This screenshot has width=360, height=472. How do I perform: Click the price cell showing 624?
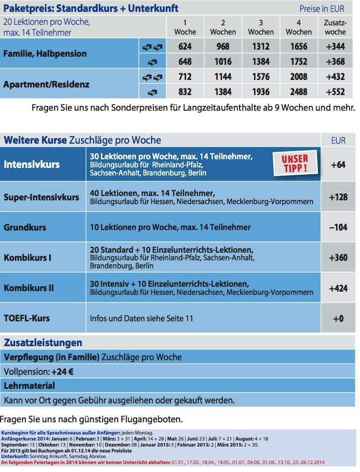pos(185,47)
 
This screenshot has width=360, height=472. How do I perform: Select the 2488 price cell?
pos(298,92)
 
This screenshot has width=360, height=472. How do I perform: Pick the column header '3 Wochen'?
pos(261,28)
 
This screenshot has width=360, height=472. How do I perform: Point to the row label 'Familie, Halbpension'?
pos(45,54)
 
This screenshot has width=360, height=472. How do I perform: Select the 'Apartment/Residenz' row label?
pos(46,85)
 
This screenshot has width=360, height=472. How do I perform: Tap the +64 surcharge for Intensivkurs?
pos(338,165)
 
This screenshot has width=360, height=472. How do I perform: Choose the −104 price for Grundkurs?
pos(338,227)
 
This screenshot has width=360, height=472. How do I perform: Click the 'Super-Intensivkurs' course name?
pos(42,197)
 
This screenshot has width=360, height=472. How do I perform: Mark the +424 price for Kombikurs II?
pos(338,288)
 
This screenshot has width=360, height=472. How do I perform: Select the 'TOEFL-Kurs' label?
pos(27,318)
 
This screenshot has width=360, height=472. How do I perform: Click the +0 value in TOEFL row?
pos(338,319)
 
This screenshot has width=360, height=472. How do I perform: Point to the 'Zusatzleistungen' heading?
pos(43,342)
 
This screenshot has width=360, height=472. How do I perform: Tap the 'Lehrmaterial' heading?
pos(30,386)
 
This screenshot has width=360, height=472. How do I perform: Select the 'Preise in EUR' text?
pos(321,9)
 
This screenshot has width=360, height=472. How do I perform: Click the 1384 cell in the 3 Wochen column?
pos(261,62)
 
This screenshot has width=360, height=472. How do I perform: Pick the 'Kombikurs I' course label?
pos(28,258)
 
